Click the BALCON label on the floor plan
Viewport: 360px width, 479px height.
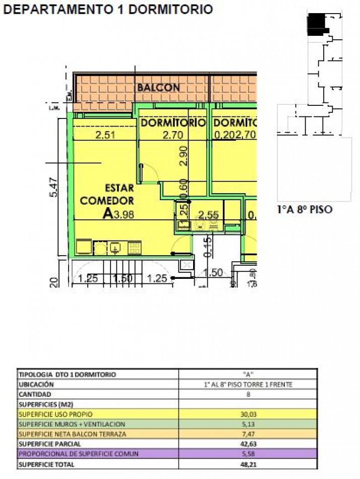click(158, 87)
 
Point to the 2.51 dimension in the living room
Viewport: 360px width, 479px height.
click(106, 135)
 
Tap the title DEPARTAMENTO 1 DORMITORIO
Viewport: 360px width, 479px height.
click(108, 9)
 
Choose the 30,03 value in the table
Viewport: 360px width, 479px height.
click(248, 414)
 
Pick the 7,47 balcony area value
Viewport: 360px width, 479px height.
click(248, 434)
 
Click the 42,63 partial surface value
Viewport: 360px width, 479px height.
click(248, 444)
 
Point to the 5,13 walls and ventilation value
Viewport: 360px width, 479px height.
click(248, 424)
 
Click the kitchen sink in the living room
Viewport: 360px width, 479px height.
click(115, 248)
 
